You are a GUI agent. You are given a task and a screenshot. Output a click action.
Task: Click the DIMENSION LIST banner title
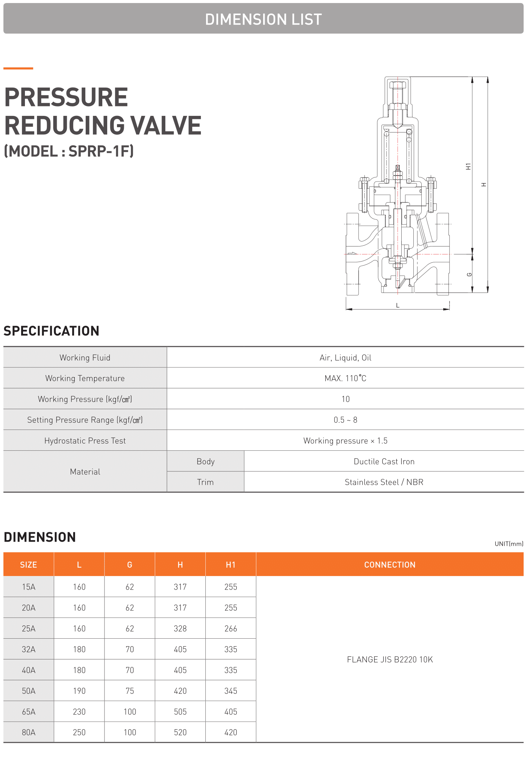click(x=263, y=19)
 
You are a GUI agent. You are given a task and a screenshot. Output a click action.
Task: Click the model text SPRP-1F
click(x=100, y=151)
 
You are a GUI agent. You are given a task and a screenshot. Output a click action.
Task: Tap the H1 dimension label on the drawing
click(x=468, y=166)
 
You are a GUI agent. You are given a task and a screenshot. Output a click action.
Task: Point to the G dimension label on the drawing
click(x=469, y=274)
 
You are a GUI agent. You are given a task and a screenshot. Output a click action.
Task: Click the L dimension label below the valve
click(x=398, y=305)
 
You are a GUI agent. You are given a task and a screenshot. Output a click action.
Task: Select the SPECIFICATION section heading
click(x=51, y=331)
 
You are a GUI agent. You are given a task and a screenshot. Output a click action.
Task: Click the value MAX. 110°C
click(x=345, y=378)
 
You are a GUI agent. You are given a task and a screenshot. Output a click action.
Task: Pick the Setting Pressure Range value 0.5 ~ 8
click(x=345, y=420)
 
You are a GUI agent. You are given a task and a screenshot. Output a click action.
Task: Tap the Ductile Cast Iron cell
click(x=384, y=461)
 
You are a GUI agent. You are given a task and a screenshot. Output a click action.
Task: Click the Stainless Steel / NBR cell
click(x=384, y=482)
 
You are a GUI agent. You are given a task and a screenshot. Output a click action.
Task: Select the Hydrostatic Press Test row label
click(x=85, y=440)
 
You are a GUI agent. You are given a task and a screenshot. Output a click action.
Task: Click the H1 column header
click(x=231, y=565)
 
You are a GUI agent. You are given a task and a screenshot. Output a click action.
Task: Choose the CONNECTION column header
click(x=390, y=565)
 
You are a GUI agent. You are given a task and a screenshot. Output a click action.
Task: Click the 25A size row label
click(x=29, y=628)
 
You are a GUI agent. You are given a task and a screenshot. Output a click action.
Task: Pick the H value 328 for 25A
click(x=180, y=628)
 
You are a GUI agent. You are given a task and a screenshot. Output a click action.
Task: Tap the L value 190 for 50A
click(x=79, y=691)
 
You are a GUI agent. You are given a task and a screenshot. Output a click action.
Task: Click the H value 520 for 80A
click(x=180, y=732)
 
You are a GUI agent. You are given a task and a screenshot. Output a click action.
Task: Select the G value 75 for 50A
click(x=129, y=691)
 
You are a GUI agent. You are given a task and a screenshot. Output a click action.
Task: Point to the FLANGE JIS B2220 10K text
click(x=390, y=659)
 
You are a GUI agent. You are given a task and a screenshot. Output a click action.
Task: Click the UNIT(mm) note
click(x=509, y=544)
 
